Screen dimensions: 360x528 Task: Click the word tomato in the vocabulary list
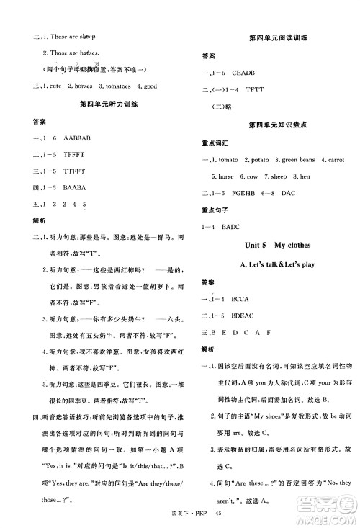[228, 158]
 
